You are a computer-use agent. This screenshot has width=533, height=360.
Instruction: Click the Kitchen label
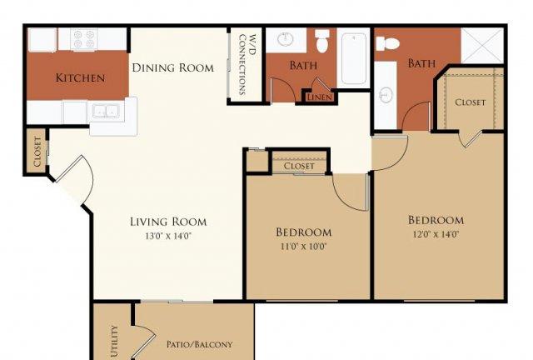pos(80,77)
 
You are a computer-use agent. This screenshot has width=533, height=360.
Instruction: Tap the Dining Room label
pos(172,67)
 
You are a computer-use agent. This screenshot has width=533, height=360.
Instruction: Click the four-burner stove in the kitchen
pos(84,39)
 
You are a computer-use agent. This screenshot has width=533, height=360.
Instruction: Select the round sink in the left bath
pos(285,39)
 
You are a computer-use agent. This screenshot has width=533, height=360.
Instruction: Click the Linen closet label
pos(319,97)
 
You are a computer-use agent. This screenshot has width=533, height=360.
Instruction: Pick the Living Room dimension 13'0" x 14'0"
pos(168,236)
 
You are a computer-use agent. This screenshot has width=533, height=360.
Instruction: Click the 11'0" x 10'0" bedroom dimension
pos(303,246)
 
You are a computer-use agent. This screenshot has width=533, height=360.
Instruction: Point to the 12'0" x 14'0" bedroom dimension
pos(436,234)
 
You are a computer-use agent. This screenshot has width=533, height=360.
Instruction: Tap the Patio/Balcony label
pos(200,344)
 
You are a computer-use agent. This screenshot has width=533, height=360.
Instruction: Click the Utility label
pos(115,342)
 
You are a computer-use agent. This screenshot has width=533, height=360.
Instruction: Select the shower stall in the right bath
pos(482,45)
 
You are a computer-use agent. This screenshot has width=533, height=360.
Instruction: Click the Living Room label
pos(168,222)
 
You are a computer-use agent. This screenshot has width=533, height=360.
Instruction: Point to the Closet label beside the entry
pos(37,152)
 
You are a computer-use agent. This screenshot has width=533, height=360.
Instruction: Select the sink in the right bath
pos(386,95)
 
